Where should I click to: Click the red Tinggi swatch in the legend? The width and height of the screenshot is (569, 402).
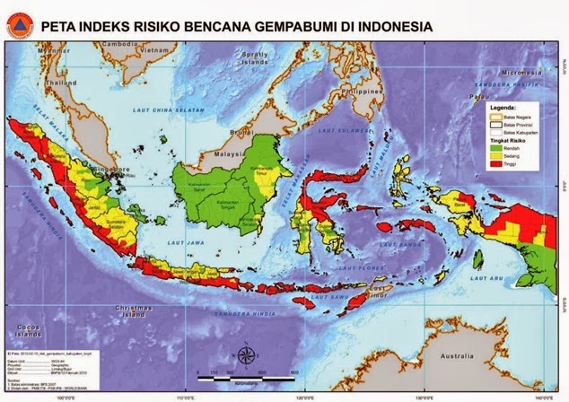[x=495, y=162]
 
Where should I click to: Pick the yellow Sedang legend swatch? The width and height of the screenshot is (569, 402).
[x=495, y=155]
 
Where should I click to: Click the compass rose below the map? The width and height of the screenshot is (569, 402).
[x=243, y=352]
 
